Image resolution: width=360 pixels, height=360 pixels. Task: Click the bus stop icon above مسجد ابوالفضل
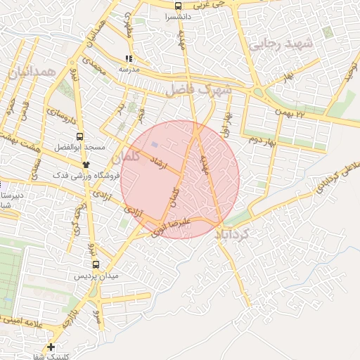point(79,136)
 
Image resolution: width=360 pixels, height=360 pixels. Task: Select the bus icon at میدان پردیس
point(96,264)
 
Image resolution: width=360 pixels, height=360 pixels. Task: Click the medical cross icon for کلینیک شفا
point(51,347)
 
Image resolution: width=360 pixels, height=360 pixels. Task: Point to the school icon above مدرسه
point(129,59)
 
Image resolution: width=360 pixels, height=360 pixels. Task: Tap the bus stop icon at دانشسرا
point(177,6)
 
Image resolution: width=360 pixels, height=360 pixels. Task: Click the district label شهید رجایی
point(279,44)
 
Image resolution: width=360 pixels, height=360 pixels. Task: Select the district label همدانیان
point(29,73)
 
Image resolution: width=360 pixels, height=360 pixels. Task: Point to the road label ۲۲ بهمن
point(291,112)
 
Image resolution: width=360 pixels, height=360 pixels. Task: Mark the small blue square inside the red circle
point(154,145)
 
